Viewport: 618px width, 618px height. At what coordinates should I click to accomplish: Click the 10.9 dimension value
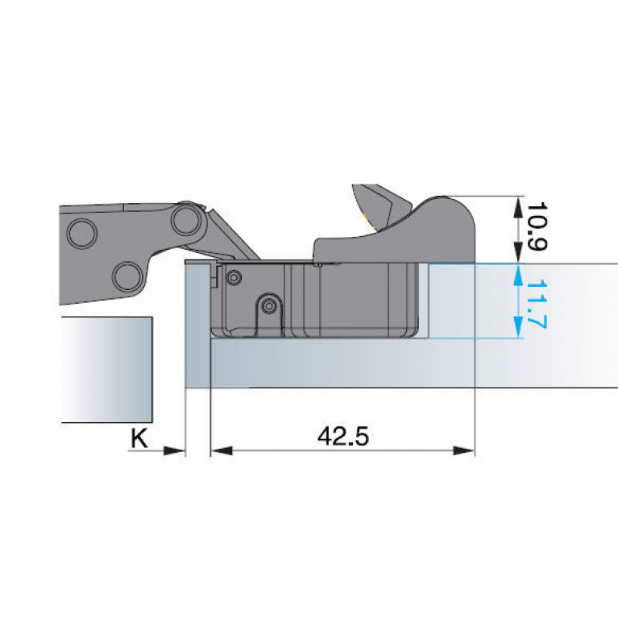537,226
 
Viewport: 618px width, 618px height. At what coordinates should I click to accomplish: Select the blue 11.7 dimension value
537,304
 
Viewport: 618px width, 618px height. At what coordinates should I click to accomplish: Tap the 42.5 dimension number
343,436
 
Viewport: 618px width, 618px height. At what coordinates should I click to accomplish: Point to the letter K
139,438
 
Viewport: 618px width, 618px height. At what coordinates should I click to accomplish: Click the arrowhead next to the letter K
174,450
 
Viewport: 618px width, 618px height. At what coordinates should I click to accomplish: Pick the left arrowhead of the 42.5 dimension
222,450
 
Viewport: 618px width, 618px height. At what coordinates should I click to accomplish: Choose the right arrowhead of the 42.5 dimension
464,450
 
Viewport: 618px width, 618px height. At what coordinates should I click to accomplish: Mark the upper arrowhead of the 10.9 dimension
518,205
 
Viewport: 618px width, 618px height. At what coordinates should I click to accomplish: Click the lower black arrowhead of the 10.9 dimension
518,253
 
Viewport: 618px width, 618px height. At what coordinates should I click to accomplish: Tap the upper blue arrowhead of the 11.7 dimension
518,274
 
